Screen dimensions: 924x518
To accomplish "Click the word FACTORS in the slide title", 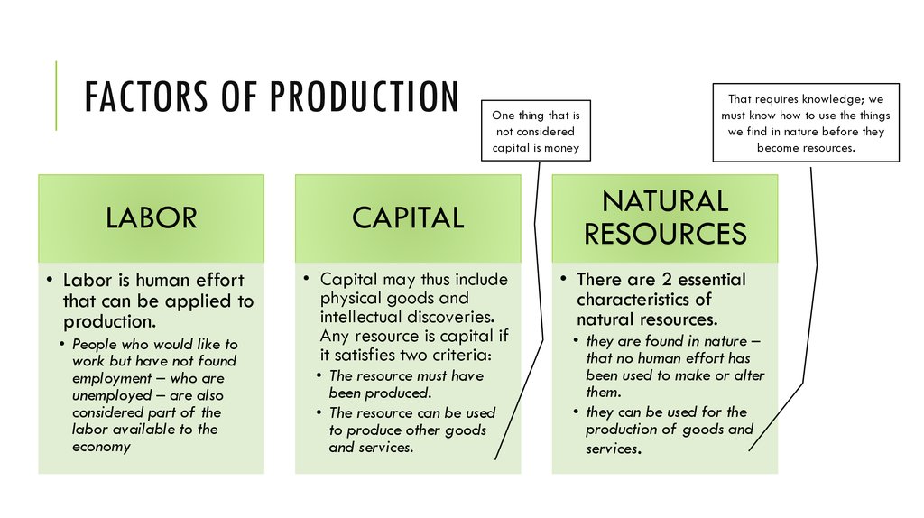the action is pyautogui.click(x=146, y=96).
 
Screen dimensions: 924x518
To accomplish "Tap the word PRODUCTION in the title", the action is pyautogui.click(x=365, y=96).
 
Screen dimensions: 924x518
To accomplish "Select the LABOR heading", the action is pyautogui.click(x=152, y=217).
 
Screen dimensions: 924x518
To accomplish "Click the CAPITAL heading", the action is pyautogui.click(x=408, y=217).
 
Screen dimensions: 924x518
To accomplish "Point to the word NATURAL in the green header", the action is pyautogui.click(x=665, y=201).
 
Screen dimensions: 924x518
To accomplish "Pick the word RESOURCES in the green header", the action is pyautogui.click(x=665, y=234).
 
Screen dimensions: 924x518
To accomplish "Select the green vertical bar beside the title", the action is pyautogui.click(x=56, y=96).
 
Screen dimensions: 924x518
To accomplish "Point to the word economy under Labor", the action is pyautogui.click(x=101, y=447).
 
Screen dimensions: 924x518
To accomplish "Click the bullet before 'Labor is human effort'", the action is pyautogui.click(x=51, y=280).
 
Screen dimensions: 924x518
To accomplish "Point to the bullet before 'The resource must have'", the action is pyautogui.click(x=319, y=376).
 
